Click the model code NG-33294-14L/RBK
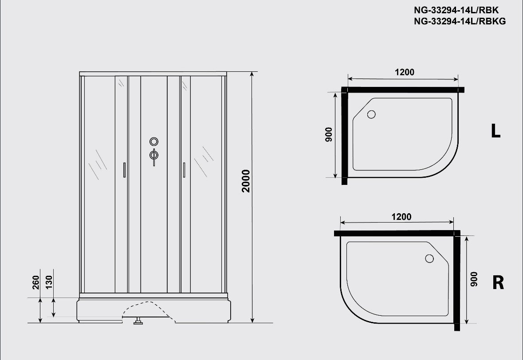tap(456, 10)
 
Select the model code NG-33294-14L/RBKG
tap(460, 21)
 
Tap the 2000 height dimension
tap(246, 181)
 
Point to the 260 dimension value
tap(35, 282)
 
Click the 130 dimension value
tap(49, 282)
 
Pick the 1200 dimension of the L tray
tap(404, 72)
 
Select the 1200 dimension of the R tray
tap(401, 217)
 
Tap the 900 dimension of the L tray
tap(329, 134)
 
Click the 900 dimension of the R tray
tap(474, 279)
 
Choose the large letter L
tap(495, 131)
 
